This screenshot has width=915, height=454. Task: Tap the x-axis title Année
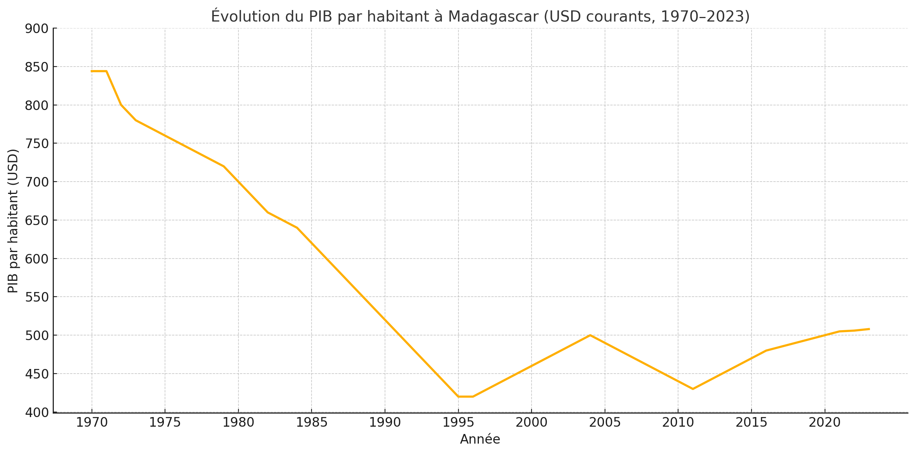point(480,439)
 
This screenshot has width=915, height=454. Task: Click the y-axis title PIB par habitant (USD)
point(13,220)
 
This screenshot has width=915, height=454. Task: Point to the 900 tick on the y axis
point(37,29)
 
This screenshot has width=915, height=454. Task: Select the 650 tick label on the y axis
point(37,221)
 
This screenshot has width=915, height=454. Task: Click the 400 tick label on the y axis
point(37,413)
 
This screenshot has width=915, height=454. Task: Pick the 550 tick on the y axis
point(37,297)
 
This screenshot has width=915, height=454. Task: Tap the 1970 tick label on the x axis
point(92,422)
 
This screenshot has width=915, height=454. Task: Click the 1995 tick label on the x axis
point(458,422)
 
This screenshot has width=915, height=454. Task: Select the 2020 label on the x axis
point(825,422)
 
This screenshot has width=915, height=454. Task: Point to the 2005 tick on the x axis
point(605,422)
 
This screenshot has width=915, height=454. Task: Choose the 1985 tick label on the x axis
point(312,422)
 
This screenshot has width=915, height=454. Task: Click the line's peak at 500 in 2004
point(590,335)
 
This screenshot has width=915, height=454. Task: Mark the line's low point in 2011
point(693,389)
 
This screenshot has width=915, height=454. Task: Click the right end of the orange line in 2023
point(869,329)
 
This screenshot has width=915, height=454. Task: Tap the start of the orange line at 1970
point(92,71)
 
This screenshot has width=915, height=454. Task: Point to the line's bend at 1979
point(223,166)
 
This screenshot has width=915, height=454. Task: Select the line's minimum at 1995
point(458,397)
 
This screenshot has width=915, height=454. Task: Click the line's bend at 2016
point(766,351)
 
